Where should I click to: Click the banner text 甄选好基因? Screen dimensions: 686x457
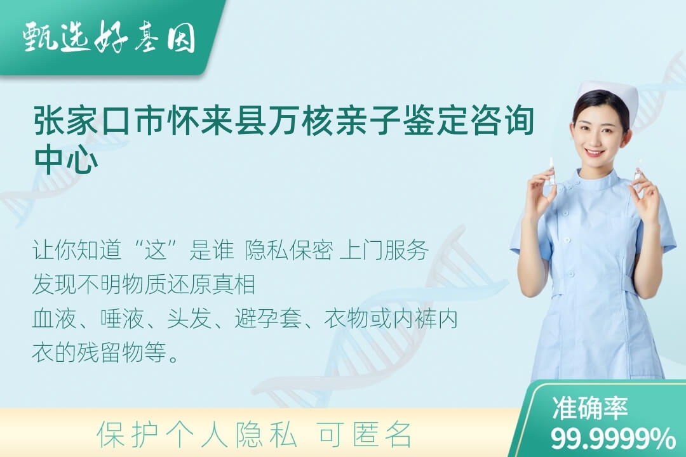tap(109, 37)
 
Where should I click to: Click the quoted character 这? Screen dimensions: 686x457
tap(156, 251)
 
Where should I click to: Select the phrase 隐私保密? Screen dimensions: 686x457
tap(289, 251)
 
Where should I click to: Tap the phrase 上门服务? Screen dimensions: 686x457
tap(384, 251)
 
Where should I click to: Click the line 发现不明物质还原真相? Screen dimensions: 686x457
tap(144, 285)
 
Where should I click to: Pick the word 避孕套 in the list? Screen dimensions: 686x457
tap(268, 319)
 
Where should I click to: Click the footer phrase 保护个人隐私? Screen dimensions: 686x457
tap(197, 435)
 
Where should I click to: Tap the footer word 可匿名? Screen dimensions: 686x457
tap(365, 435)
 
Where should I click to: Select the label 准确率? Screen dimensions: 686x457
tap(589, 408)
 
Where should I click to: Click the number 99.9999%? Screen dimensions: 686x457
tap(613, 439)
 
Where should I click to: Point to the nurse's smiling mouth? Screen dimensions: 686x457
tap(595, 152)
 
